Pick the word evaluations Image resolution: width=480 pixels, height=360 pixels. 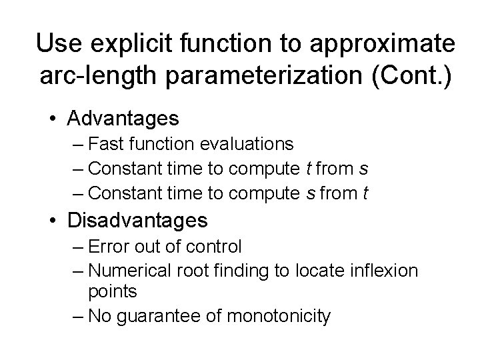coord(257,143)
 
